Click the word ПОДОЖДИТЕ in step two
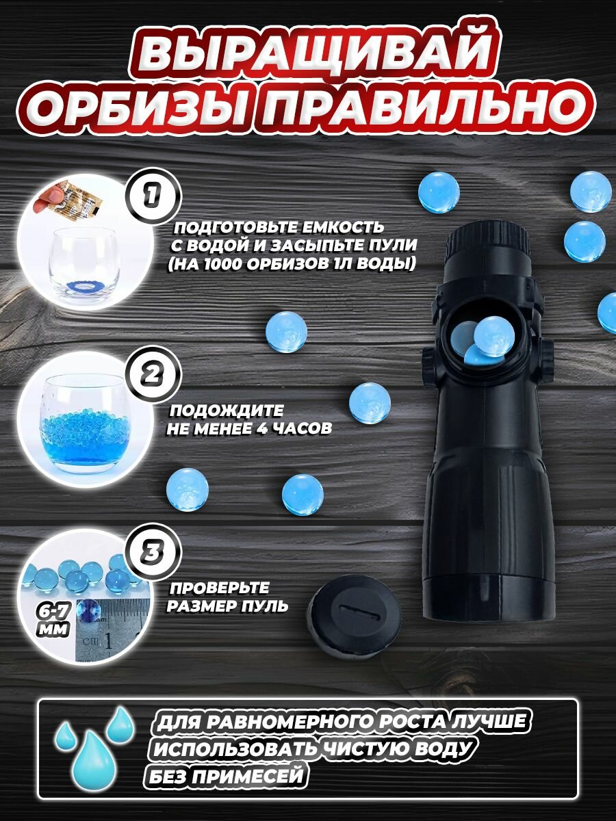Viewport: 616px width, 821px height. point(227,410)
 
